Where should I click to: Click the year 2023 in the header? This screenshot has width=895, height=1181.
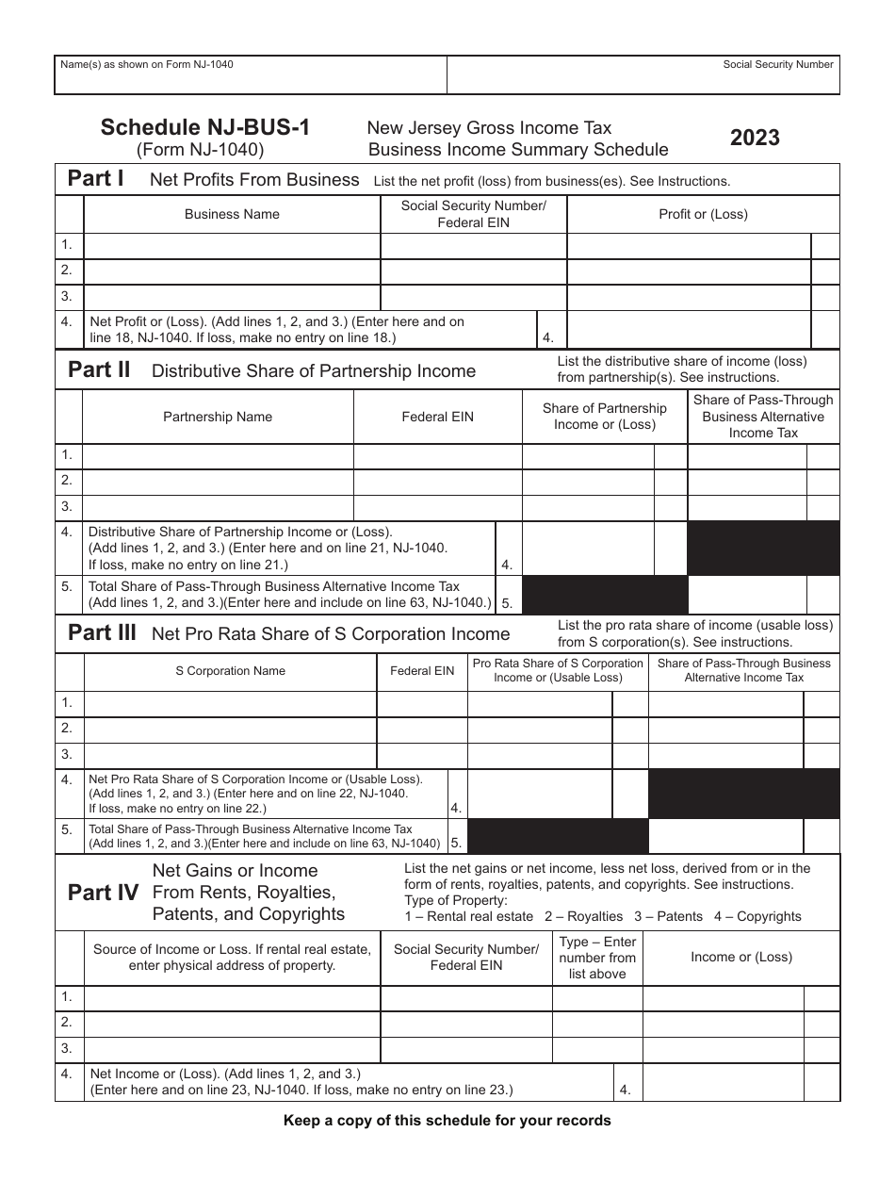(x=755, y=138)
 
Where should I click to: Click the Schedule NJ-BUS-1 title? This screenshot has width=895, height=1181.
(x=204, y=127)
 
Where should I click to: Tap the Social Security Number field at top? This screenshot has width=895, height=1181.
(x=643, y=74)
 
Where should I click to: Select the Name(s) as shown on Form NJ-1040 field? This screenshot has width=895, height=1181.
(x=250, y=75)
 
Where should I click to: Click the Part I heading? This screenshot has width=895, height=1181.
(x=95, y=178)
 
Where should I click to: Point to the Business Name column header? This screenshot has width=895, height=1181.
(x=232, y=214)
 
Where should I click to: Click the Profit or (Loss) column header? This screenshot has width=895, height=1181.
(x=703, y=214)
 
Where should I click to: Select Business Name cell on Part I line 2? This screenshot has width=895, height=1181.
(x=232, y=271)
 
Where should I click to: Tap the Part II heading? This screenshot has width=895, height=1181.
(x=99, y=369)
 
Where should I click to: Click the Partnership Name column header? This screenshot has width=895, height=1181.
(x=218, y=417)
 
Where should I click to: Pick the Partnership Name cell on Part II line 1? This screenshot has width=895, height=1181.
(x=218, y=455)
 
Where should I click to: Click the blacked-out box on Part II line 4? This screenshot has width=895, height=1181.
(x=763, y=549)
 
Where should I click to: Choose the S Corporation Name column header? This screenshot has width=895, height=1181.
(x=230, y=671)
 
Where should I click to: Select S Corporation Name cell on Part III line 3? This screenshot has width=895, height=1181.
(x=230, y=755)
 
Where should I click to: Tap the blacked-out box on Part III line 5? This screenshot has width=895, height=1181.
(x=558, y=836)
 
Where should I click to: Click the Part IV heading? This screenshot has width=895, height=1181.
(x=104, y=893)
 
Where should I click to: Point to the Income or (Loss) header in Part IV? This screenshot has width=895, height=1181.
(x=741, y=958)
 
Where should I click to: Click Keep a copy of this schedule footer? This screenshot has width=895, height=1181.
(x=447, y=1121)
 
